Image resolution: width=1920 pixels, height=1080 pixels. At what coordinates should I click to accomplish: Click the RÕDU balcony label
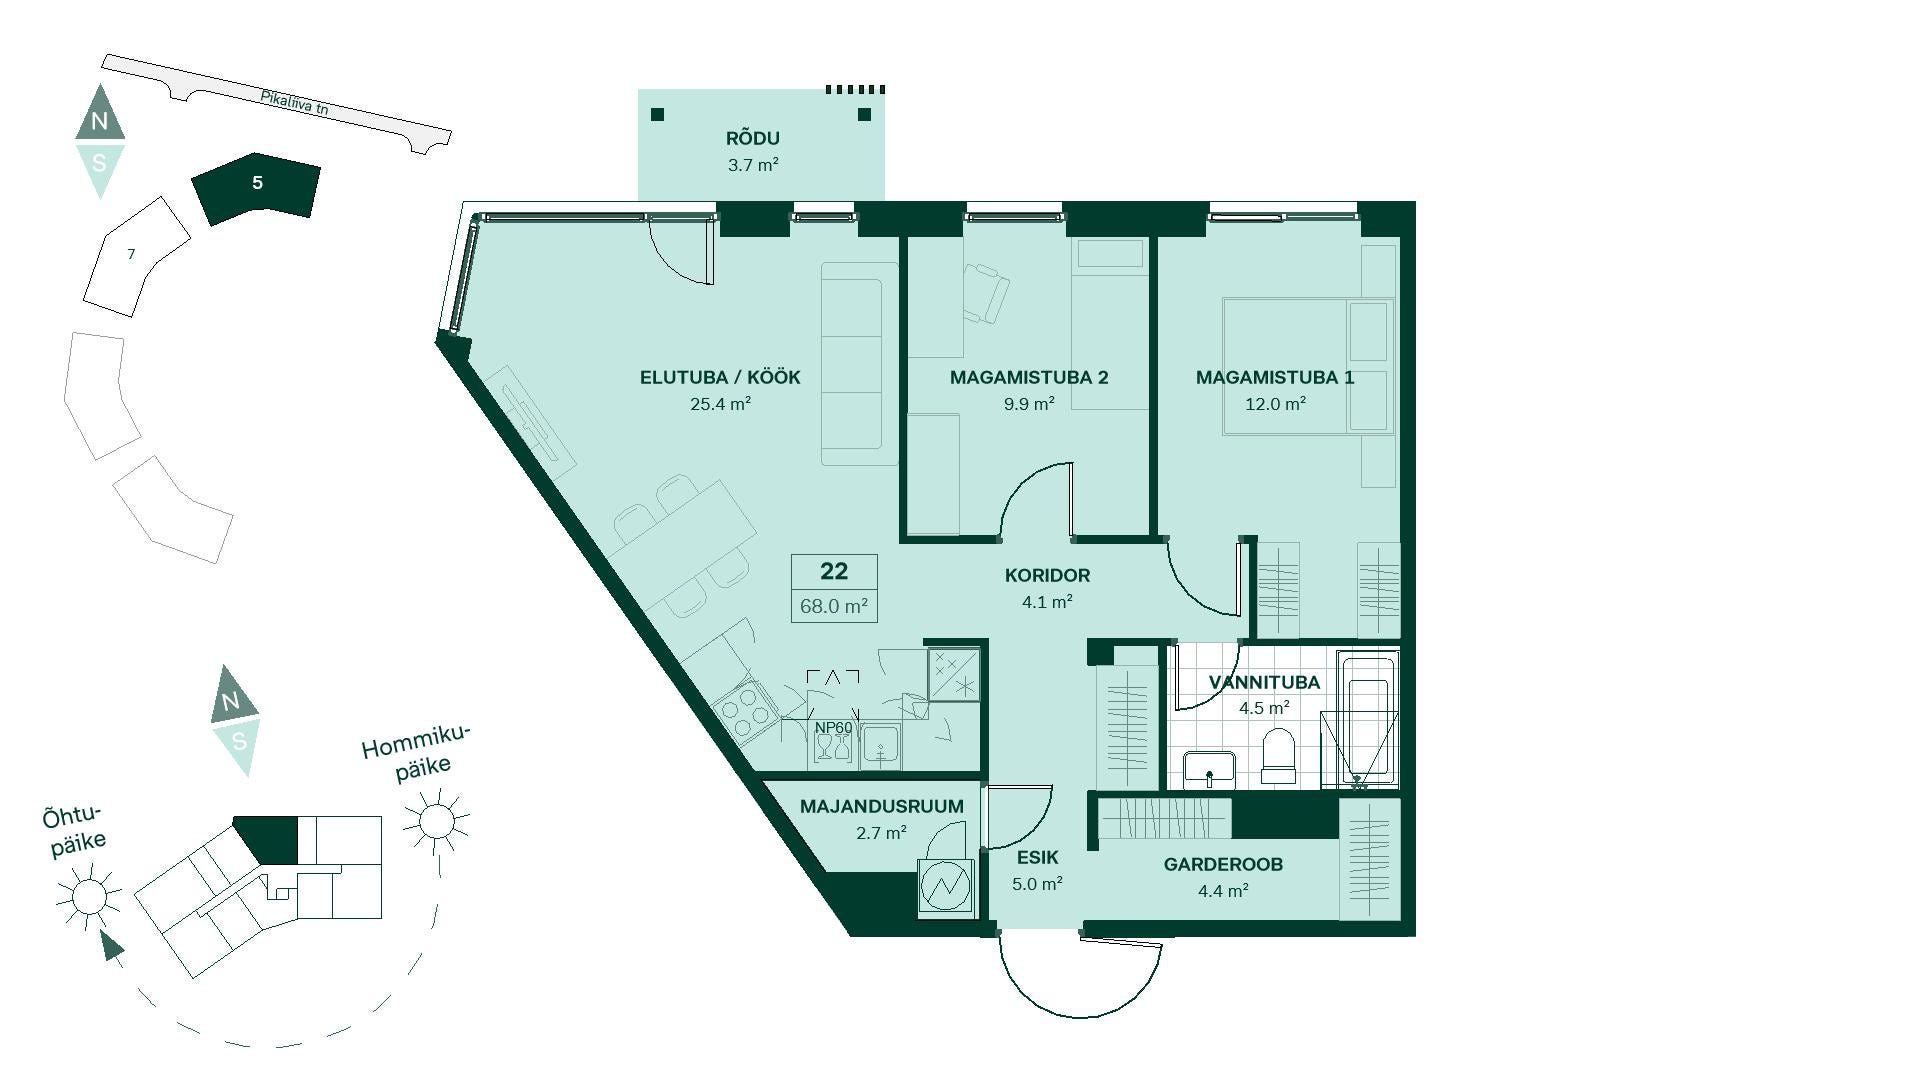pyautogui.click(x=753, y=138)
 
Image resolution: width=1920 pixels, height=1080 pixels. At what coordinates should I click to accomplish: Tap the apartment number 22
pyautogui.click(x=834, y=571)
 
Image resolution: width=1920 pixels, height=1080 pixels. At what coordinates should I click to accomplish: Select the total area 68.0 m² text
pyautogui.click(x=834, y=606)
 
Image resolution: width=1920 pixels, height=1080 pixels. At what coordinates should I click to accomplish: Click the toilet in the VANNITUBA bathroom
pyautogui.click(x=1278, y=756)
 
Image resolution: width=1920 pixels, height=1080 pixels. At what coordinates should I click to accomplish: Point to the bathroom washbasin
pyautogui.click(x=1210, y=770)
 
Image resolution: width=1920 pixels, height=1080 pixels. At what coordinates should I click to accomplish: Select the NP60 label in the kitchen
pyautogui.click(x=834, y=728)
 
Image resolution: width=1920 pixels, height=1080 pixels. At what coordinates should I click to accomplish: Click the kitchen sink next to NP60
pyautogui.click(x=881, y=747)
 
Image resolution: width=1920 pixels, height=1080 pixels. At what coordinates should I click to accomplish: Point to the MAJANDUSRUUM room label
pyautogui.click(x=882, y=806)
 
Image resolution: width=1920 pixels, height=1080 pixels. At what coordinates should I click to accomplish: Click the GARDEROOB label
pyautogui.click(x=1223, y=864)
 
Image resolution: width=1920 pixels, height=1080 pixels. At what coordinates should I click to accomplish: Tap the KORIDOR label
pyautogui.click(x=1047, y=575)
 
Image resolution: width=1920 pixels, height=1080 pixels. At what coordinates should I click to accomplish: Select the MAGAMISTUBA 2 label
pyautogui.click(x=1029, y=377)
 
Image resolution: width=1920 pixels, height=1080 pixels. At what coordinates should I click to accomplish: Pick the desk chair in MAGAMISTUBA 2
pyautogui.click(x=987, y=292)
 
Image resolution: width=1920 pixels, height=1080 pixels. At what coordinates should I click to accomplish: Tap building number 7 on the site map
pyautogui.click(x=131, y=254)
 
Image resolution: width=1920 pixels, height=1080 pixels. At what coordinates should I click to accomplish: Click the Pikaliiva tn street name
pyautogui.click(x=294, y=103)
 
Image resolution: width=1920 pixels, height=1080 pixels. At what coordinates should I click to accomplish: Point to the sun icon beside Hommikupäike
pyautogui.click(x=436, y=821)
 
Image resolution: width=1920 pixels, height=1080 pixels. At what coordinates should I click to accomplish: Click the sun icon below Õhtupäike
pyautogui.click(x=89, y=895)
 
